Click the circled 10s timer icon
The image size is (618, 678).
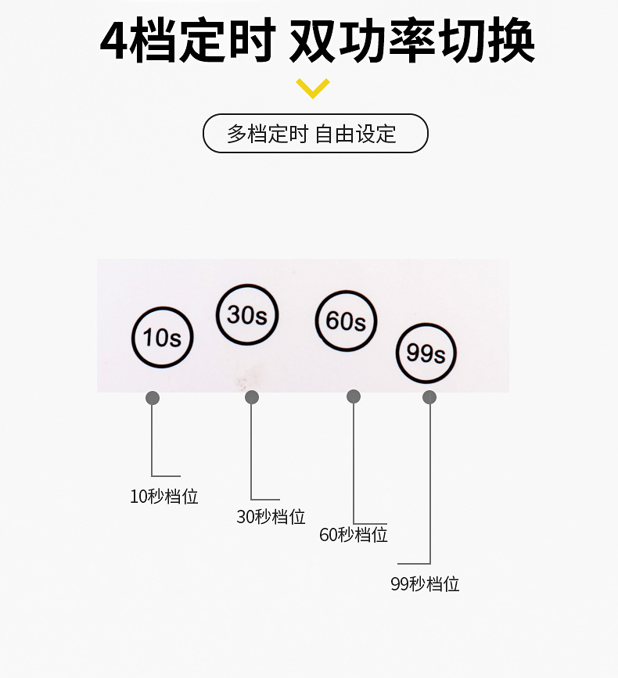point(163,337)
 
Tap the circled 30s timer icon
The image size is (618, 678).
point(247,314)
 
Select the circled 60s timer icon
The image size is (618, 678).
point(346,321)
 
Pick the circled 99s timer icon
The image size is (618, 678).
point(426,353)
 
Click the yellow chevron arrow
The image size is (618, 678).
point(313,88)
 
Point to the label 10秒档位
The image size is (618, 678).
point(164,497)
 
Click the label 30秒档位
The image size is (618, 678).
point(271,516)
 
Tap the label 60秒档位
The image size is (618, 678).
point(354,535)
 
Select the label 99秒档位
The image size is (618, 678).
point(425,583)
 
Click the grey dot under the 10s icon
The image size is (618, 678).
point(153,398)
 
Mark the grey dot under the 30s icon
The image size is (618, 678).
point(252,397)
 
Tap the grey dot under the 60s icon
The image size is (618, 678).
point(354,396)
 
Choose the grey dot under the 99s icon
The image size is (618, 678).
point(429,397)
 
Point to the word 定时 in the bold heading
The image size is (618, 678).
point(227,40)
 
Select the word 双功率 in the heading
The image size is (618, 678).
point(362,40)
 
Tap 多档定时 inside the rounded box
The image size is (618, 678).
point(268,134)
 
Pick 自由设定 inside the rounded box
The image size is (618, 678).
point(355,134)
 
